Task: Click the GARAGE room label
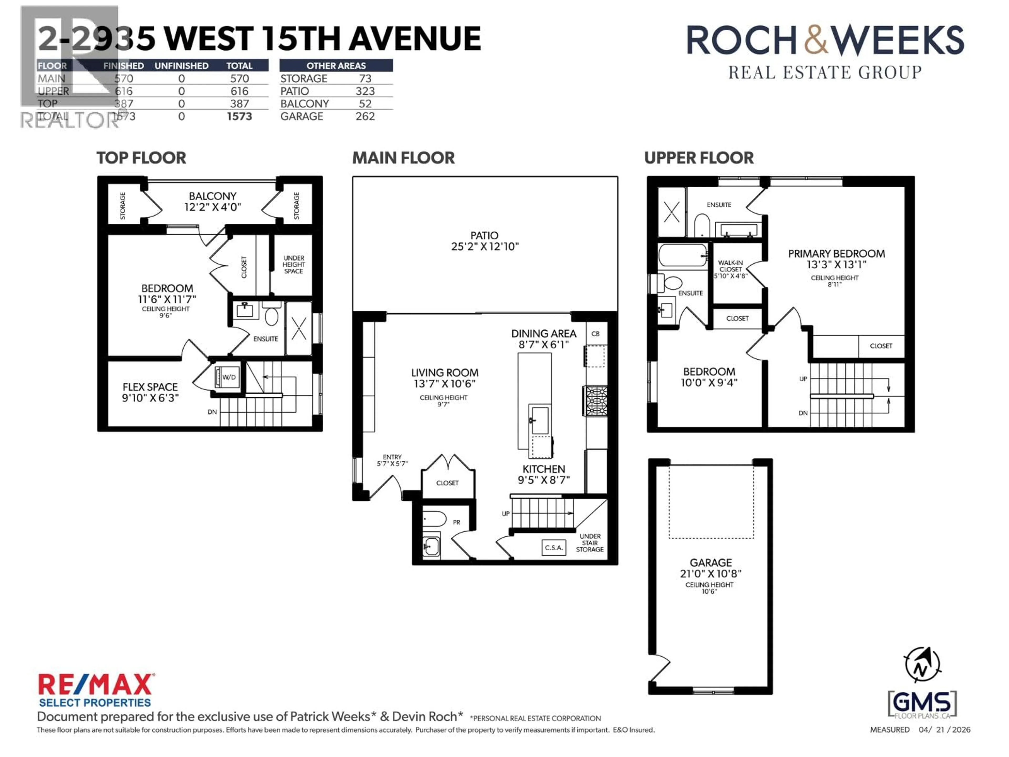tap(710, 562)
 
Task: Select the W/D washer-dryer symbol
tap(227, 377)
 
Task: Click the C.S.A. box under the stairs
tap(554, 548)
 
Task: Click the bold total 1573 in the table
tap(239, 116)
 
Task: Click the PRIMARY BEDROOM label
tap(836, 254)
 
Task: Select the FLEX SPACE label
tap(150, 387)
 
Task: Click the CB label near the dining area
tap(595, 334)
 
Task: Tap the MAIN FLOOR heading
tap(403, 158)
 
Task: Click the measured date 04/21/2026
tap(944, 730)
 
